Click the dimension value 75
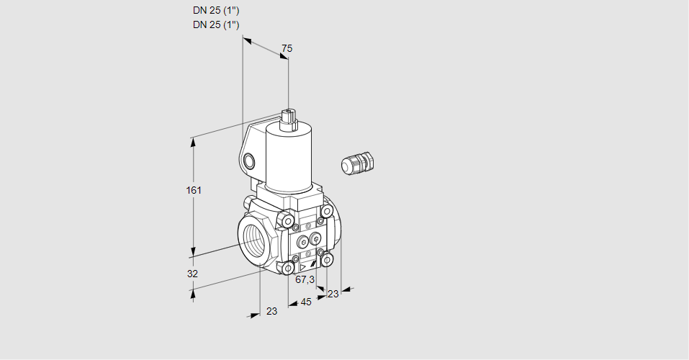point(287,48)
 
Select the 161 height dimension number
point(194,190)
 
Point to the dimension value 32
point(192,274)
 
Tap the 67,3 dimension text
point(305,279)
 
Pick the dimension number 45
point(306,302)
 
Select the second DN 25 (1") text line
point(216,24)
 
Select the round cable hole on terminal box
point(248,160)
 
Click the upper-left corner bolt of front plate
point(288,220)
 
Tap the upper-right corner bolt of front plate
point(327,211)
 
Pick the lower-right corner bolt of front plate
point(328,259)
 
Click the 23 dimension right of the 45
point(333,294)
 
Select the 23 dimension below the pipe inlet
point(271,311)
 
